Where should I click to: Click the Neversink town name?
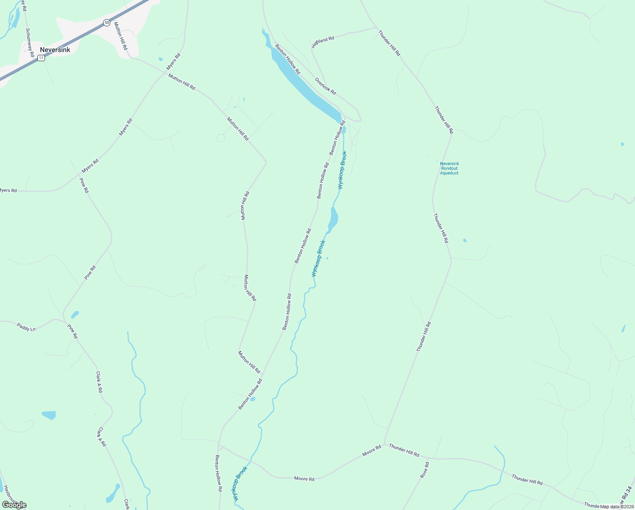55,50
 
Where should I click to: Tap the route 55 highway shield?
107,23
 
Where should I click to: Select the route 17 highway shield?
41,58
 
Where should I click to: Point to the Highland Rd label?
323,42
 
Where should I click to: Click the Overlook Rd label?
326,86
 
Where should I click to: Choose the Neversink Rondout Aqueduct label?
450,168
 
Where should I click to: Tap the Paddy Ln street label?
26,327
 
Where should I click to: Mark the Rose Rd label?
424,470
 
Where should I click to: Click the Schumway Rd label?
29,42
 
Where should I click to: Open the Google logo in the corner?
14,505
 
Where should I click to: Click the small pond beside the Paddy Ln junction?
75,314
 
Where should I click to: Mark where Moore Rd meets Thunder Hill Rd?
385,445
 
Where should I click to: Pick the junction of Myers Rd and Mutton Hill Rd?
166,72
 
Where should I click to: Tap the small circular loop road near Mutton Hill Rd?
221,138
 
